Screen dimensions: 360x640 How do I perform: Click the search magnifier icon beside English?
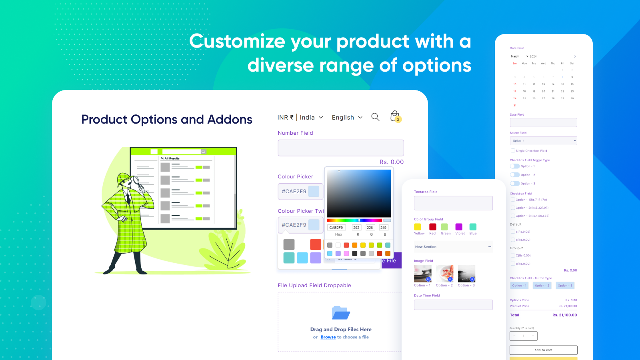(375, 117)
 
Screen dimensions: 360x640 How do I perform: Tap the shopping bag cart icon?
(395, 116)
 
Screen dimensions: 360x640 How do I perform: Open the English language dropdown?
(347, 118)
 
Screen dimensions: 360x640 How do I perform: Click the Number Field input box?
(341, 148)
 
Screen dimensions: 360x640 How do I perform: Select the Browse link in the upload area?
(328, 337)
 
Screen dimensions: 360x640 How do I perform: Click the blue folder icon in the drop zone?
(341, 313)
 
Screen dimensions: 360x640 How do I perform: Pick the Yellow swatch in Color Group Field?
(418, 227)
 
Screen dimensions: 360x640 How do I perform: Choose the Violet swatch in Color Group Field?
(459, 227)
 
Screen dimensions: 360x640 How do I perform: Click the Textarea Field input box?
(453, 203)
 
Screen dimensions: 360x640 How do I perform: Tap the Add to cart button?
(543, 350)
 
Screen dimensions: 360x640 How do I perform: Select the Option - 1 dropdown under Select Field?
(543, 141)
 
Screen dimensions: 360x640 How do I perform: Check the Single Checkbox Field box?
(513, 151)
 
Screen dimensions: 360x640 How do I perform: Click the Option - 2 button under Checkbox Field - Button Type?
(542, 286)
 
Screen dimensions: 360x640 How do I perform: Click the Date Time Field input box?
(453, 305)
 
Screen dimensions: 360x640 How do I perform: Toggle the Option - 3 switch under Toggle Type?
(515, 184)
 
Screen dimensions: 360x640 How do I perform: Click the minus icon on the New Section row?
(490, 247)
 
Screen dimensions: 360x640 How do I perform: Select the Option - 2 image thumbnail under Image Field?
(445, 274)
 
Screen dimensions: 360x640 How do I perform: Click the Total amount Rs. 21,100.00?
(564, 315)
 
